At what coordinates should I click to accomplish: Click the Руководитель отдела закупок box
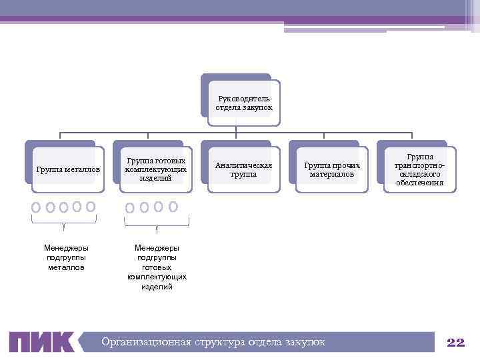(243, 103)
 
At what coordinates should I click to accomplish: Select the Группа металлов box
(68, 169)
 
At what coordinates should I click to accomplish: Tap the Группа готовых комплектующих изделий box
(156, 169)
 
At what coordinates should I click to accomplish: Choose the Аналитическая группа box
(243, 169)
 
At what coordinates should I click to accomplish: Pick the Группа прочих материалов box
(331, 169)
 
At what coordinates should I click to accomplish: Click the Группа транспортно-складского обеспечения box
(419, 169)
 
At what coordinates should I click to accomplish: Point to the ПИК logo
(43, 342)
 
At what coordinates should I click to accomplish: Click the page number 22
(455, 342)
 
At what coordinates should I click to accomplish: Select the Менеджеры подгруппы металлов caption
(66, 257)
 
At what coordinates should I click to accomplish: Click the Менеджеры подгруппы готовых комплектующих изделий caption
(157, 267)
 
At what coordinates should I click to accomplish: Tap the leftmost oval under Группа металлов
(36, 207)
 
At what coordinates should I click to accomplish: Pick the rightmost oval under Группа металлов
(91, 207)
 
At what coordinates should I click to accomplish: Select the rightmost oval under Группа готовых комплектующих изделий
(173, 207)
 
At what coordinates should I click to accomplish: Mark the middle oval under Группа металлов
(63, 207)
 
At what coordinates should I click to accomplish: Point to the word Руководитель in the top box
(243, 98)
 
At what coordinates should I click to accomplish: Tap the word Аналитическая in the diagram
(243, 165)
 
